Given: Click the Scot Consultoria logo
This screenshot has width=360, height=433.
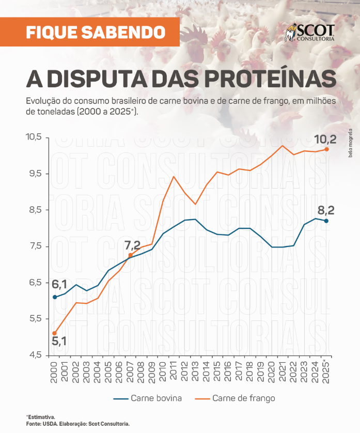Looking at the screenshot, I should [x=310, y=32].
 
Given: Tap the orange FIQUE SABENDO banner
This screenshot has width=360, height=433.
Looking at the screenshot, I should [x=96, y=32].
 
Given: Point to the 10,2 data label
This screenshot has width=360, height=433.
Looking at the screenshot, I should [x=326, y=139].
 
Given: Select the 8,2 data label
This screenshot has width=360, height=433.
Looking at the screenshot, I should [x=326, y=210].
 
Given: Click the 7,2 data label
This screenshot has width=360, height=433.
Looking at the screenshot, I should [x=132, y=245].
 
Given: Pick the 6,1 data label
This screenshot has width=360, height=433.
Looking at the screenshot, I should [x=59, y=284].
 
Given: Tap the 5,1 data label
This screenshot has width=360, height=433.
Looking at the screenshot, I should [x=59, y=341].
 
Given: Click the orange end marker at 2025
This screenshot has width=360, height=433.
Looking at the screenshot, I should [x=326, y=149].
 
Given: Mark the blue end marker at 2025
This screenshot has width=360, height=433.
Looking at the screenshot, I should [x=326, y=221].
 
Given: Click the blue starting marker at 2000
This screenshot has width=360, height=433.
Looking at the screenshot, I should [x=55, y=297].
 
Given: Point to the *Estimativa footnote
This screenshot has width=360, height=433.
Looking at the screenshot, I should [x=40, y=416].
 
